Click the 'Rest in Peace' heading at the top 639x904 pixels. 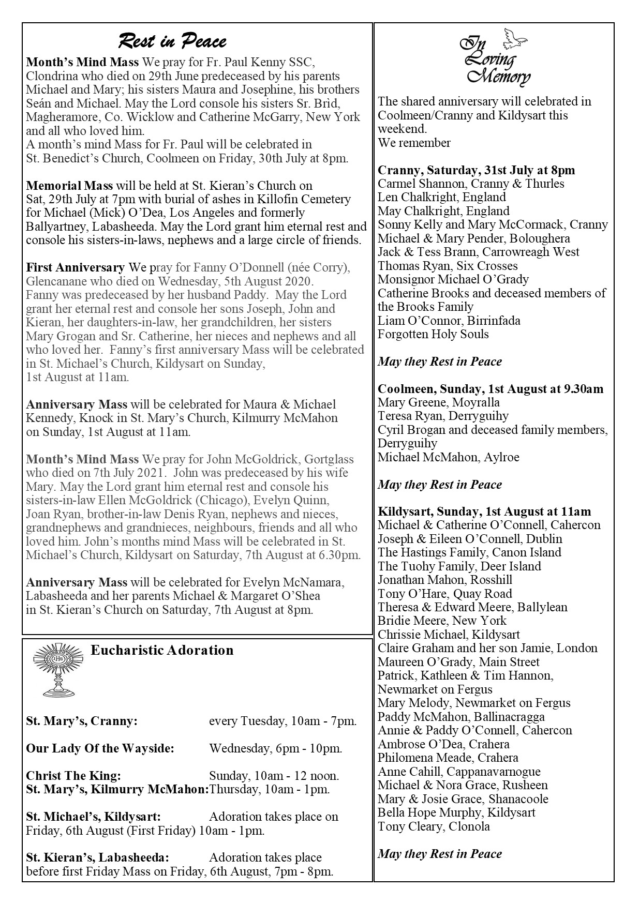[172, 41]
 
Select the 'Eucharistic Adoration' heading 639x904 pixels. [162, 650]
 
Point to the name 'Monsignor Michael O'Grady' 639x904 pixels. [453, 279]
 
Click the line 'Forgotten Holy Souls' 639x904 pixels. [433, 334]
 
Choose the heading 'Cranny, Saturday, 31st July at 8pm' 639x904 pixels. [476, 170]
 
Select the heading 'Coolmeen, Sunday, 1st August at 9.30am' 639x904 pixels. [491, 389]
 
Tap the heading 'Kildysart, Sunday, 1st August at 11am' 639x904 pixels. [484, 511]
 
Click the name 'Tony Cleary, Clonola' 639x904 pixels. [434, 826]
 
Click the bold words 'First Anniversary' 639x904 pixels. [76, 267]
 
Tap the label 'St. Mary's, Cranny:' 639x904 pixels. [82, 721]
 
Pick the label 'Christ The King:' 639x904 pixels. [73, 776]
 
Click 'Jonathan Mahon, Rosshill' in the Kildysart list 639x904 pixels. [445, 580]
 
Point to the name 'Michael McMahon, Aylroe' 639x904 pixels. [448, 457]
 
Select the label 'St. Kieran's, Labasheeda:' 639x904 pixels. [98, 857]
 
